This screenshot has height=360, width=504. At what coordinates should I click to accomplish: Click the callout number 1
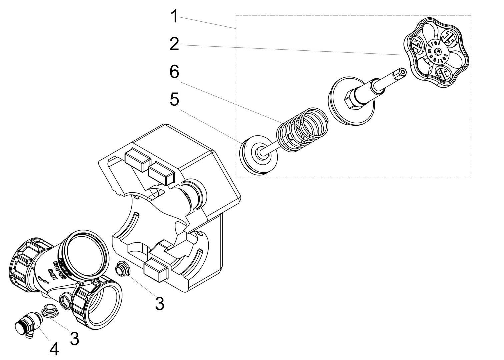click(x=174, y=17)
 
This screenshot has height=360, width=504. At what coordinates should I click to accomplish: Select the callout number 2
click(x=174, y=44)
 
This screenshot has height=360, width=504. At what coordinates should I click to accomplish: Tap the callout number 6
click(x=174, y=72)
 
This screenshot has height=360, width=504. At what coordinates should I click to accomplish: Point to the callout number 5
click(x=174, y=100)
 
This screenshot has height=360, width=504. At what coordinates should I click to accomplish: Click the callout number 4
click(x=54, y=350)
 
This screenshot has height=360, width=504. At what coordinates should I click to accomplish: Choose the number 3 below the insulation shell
click(x=160, y=303)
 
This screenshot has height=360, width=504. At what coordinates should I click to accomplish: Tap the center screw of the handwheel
click(x=439, y=51)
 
